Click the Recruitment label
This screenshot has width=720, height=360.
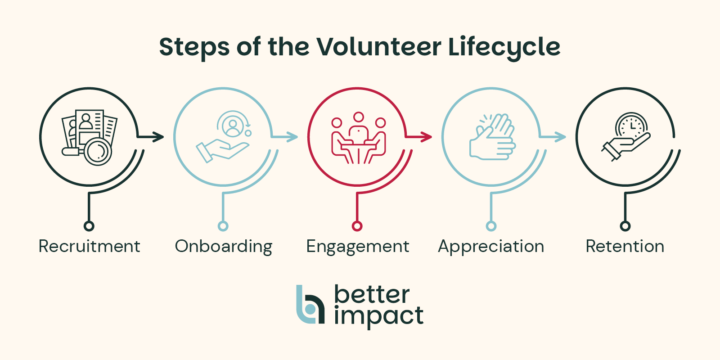click(89, 247)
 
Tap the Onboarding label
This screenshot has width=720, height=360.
click(224, 247)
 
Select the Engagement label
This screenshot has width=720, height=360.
click(358, 247)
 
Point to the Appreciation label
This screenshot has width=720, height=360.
click(491, 247)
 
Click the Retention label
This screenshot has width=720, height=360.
click(625, 247)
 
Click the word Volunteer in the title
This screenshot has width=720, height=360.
click(378, 47)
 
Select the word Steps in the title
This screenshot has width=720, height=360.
click(194, 47)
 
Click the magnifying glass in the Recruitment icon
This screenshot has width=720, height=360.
click(98, 152)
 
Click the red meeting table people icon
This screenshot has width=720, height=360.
click(359, 138)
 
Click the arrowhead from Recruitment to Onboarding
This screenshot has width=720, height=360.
click(159, 136)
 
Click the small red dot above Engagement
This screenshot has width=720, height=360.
click(357, 226)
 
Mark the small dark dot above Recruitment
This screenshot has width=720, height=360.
click(89, 226)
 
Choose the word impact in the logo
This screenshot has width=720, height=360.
click(378, 316)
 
